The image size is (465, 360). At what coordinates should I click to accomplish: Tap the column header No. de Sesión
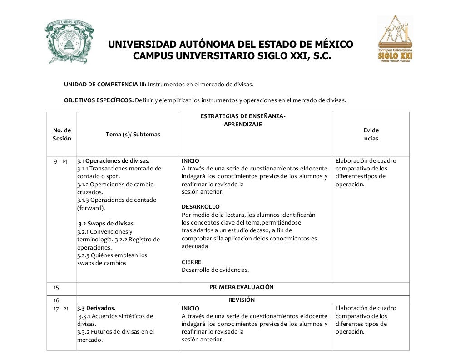point(62,134)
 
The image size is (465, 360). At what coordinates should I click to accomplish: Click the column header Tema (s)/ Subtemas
point(133,134)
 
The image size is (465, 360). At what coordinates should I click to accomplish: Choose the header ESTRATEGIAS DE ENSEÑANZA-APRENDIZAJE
point(243,120)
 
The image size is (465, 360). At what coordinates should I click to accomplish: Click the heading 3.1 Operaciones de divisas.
point(113,160)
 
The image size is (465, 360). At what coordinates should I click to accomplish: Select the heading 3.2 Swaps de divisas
point(106,223)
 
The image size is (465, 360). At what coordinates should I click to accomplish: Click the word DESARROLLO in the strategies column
point(200,206)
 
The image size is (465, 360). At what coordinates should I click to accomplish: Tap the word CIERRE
point(191,262)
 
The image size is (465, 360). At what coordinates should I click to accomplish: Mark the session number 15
point(57,287)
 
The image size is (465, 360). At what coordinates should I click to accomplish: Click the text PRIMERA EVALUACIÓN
point(241,287)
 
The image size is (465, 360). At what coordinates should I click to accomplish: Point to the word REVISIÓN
point(241,300)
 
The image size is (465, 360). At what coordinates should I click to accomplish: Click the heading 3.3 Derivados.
point(96,308)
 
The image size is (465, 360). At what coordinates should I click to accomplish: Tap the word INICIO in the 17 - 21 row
point(190,308)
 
